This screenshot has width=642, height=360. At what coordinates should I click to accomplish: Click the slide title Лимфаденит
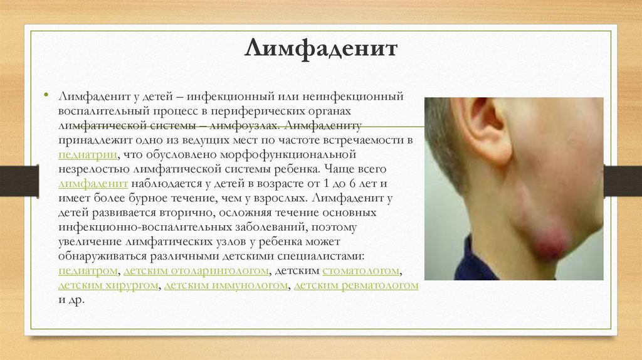click(321, 48)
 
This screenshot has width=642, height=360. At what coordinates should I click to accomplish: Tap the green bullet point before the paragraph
click(46, 95)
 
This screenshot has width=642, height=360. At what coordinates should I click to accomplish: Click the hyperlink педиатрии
click(88, 155)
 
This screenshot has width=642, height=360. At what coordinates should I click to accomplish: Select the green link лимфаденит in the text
click(93, 184)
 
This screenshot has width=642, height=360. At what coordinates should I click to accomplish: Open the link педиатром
click(88, 271)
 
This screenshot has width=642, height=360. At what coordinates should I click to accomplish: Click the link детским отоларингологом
click(196, 271)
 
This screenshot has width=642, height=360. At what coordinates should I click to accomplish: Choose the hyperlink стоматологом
click(360, 271)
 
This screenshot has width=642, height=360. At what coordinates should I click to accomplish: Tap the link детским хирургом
click(108, 285)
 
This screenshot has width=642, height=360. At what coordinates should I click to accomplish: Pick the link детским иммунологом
click(226, 285)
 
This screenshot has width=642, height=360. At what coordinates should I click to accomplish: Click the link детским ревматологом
click(356, 285)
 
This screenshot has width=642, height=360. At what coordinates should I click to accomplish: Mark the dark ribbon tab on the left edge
click(19, 181)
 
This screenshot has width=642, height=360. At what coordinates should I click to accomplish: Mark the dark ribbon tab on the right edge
click(623, 181)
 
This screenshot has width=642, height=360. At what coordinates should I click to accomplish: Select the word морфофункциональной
click(288, 155)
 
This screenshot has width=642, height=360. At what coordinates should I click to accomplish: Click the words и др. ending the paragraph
click(71, 300)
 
